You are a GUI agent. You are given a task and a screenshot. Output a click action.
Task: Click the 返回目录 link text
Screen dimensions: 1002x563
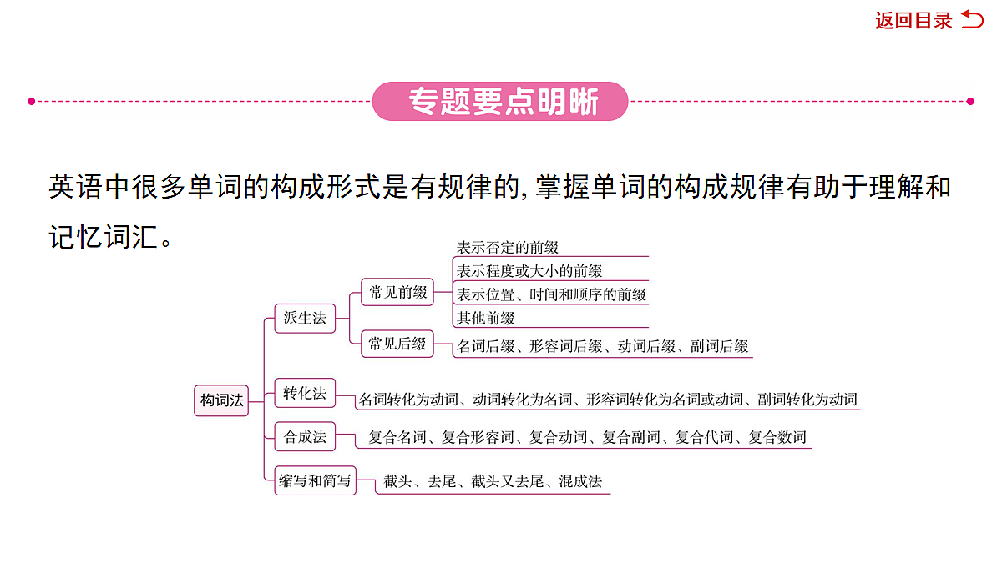[913, 21]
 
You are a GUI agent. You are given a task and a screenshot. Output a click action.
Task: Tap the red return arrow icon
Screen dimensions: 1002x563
[973, 20]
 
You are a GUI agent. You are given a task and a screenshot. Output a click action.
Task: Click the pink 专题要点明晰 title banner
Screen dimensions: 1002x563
[500, 102]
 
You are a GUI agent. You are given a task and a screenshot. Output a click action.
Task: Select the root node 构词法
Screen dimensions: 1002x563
[221, 400]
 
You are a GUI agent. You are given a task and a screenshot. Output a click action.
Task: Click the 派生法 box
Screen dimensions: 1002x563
[305, 318]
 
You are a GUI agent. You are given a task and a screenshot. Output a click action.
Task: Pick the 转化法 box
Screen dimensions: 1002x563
[305, 393]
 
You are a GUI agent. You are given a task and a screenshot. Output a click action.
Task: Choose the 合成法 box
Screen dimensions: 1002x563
[305, 436]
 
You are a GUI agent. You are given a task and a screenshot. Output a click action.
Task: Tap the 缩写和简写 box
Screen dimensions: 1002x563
[316, 480]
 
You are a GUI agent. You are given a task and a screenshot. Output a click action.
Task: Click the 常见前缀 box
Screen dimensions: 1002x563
[397, 292]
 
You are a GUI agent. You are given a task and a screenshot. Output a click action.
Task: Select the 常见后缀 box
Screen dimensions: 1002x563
[397, 344]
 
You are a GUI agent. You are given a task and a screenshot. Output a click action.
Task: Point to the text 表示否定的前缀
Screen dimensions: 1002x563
[508, 248]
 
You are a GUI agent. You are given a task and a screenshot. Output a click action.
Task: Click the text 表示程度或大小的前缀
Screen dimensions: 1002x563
[529, 271]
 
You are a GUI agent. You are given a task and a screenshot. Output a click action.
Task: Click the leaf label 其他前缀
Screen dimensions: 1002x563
[485, 318]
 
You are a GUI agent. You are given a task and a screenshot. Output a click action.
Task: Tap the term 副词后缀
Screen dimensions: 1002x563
[719, 346]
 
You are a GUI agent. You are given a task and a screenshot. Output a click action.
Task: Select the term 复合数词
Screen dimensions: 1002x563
[777, 437]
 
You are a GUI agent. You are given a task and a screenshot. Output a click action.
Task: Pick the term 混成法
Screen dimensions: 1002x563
[580, 481]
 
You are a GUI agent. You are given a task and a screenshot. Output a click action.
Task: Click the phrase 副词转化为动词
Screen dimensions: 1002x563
[807, 399]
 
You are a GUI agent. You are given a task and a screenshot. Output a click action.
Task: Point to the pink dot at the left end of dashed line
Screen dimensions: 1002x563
[32, 102]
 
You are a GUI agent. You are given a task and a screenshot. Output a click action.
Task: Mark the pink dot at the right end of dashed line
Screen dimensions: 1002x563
[970, 102]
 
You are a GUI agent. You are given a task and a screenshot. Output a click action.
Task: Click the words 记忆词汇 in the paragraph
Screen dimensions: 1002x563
[104, 237]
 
